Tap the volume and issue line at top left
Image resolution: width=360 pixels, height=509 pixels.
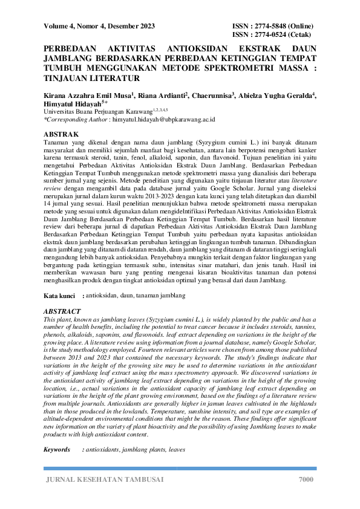point(99,26)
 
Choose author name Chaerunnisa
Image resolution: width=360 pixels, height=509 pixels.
point(211,96)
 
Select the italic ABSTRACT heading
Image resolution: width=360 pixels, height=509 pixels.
point(64,311)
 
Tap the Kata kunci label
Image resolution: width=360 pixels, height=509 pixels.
point(59,296)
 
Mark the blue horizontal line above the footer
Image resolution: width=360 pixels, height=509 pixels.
point(180,468)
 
